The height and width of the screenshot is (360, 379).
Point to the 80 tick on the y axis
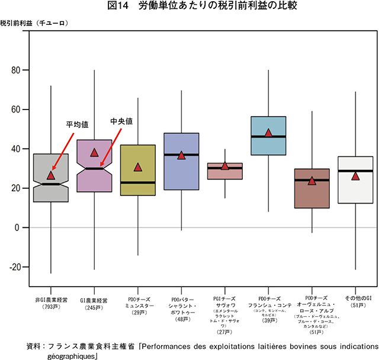pyautogui.click(x=16, y=70)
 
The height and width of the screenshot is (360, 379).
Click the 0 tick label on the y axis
pyautogui.click(x=18, y=228)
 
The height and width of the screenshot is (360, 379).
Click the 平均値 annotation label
pyautogui.click(x=77, y=125)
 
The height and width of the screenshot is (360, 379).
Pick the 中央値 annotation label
pyautogui.click(x=121, y=121)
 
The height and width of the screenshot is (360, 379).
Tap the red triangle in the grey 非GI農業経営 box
pyautogui.click(x=51, y=175)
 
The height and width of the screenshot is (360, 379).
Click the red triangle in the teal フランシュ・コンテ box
pyautogui.click(x=268, y=133)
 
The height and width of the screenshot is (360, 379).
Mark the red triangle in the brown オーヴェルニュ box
pyautogui.click(x=312, y=181)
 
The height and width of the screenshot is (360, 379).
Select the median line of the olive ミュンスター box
pyautogui.click(x=138, y=182)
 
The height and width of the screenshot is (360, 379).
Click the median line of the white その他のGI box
pyautogui.click(x=355, y=171)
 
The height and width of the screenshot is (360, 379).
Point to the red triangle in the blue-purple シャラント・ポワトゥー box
pyautogui.click(x=182, y=155)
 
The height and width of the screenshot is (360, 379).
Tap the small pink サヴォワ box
pyautogui.click(x=225, y=171)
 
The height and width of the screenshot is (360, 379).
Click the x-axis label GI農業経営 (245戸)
pyautogui.click(x=94, y=304)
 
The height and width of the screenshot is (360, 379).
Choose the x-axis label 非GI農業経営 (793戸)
pyautogui.click(x=51, y=304)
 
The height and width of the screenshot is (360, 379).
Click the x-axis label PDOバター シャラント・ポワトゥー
pyautogui.click(x=182, y=307)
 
